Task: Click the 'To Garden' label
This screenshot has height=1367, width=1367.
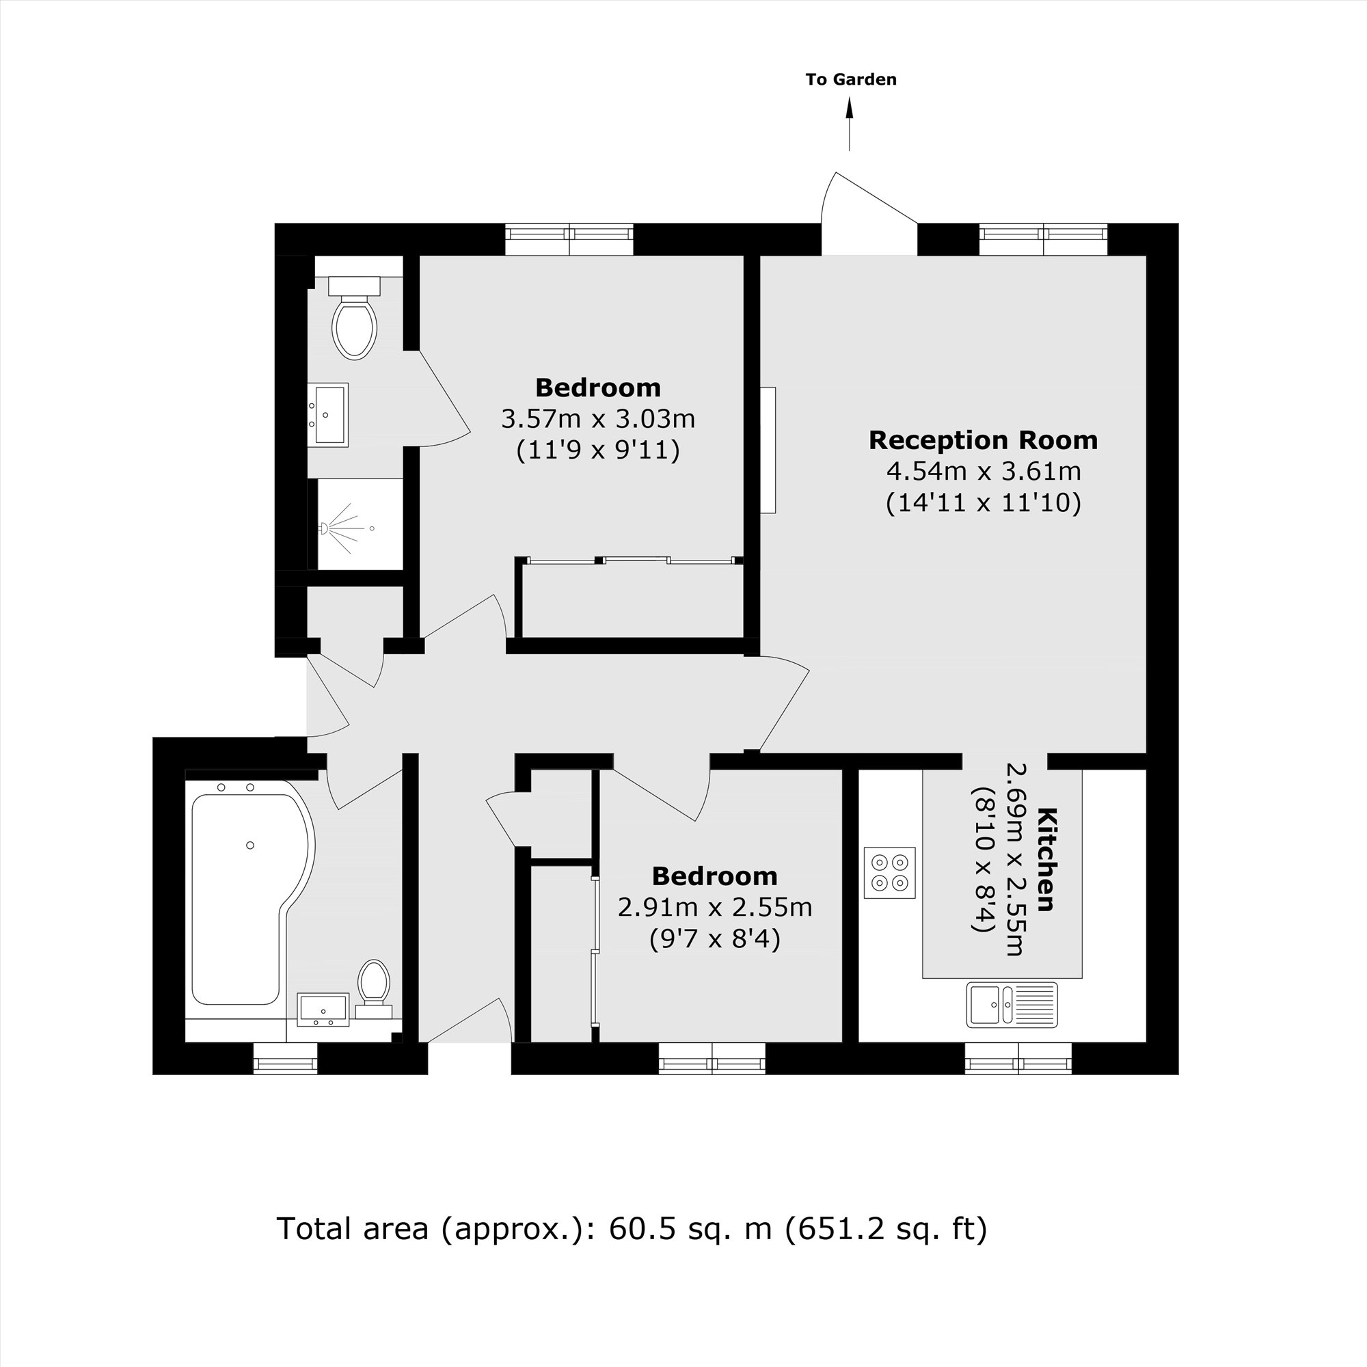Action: [850, 79]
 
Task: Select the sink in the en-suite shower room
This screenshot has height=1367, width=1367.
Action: [327, 415]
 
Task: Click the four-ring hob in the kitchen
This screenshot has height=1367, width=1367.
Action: [889, 872]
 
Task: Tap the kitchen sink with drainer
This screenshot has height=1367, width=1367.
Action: [1012, 1004]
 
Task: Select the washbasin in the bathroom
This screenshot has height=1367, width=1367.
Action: [323, 1009]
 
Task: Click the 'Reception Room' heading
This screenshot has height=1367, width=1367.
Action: [983, 440]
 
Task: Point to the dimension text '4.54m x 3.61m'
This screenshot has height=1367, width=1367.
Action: [983, 470]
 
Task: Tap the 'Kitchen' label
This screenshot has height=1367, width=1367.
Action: [1046, 859]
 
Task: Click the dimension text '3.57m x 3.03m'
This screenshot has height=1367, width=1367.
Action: [598, 419]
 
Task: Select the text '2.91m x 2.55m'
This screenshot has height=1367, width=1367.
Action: [715, 907]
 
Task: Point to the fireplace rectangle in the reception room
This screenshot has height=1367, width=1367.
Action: [768, 449]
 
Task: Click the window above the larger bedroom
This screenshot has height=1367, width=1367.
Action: [569, 239]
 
